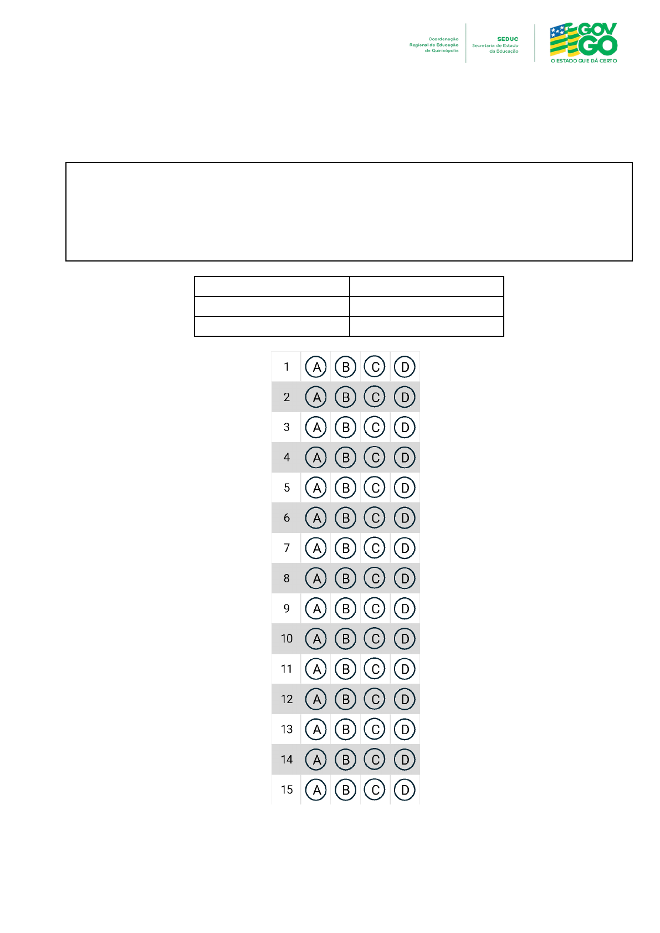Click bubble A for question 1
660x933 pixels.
coord(316,367)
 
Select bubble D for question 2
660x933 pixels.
coord(405,397)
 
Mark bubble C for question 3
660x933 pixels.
coord(375,427)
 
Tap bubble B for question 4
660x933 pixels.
coord(346,458)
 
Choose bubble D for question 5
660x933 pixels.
coord(405,488)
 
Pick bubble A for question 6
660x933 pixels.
coord(316,518)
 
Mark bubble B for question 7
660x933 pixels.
coord(346,548)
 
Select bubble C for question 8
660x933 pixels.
coord(375,578)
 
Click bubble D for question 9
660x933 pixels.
coord(405,608)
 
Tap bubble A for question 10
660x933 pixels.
coord(316,639)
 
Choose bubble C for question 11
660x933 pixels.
coord(375,669)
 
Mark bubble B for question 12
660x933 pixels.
coord(346,699)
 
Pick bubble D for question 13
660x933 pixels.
coord(405,730)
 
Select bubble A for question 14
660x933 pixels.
coord(316,760)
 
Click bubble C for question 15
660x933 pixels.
coord(375,790)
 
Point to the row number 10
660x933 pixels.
coord(286,639)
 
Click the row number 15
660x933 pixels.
coord(286,790)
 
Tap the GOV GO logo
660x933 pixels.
coord(584,42)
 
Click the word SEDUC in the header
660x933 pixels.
coord(508,39)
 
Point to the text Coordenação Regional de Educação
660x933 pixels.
coord(434,42)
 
